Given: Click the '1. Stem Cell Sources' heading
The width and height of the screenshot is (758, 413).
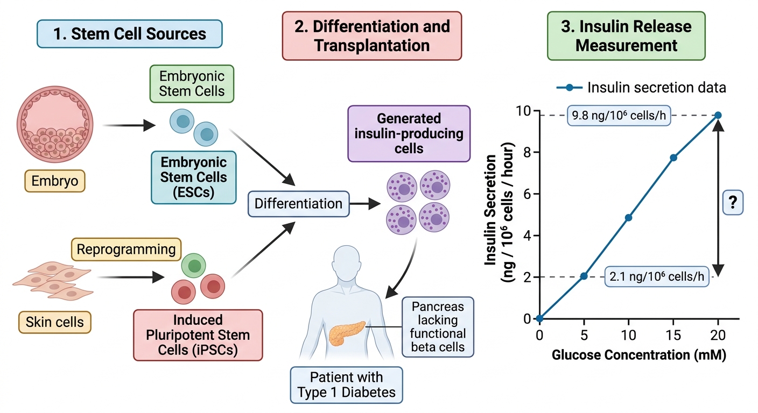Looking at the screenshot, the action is (x=130, y=34).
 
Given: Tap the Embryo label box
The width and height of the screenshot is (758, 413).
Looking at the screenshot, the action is (x=55, y=181).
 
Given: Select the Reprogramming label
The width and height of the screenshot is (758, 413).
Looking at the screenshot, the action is (x=126, y=249).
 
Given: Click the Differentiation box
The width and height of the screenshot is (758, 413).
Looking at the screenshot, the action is (x=298, y=204).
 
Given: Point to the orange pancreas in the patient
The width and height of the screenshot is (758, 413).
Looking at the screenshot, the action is (x=347, y=332).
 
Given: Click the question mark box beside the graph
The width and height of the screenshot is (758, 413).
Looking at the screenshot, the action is (x=733, y=202).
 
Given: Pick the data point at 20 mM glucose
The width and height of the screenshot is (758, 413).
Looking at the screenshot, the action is (x=718, y=115).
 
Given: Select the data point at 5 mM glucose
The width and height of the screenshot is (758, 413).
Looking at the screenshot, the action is (x=584, y=276).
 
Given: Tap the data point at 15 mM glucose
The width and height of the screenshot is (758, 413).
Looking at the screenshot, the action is (x=673, y=158).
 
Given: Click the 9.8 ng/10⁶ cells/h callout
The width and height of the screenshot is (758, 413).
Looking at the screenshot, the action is (x=619, y=116).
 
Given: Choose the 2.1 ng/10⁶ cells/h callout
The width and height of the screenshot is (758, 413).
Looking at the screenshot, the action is (x=657, y=276).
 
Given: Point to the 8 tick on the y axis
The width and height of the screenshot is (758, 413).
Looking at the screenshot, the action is (x=527, y=153).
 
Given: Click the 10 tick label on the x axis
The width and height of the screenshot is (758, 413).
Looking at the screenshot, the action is (x=628, y=335).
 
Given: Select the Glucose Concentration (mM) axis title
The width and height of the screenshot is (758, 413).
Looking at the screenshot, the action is (x=639, y=355).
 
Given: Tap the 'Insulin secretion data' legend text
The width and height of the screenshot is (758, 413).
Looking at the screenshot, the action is (x=656, y=88).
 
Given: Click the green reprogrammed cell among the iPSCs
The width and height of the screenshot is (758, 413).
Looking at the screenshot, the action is (x=194, y=266).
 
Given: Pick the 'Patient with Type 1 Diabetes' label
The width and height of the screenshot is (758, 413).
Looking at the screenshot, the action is (x=347, y=385).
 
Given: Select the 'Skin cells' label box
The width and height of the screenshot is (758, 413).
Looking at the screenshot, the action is (x=55, y=322).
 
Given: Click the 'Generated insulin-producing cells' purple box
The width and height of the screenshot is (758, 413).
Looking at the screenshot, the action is (x=409, y=133).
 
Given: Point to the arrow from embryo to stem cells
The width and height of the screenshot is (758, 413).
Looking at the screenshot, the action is (x=129, y=125).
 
